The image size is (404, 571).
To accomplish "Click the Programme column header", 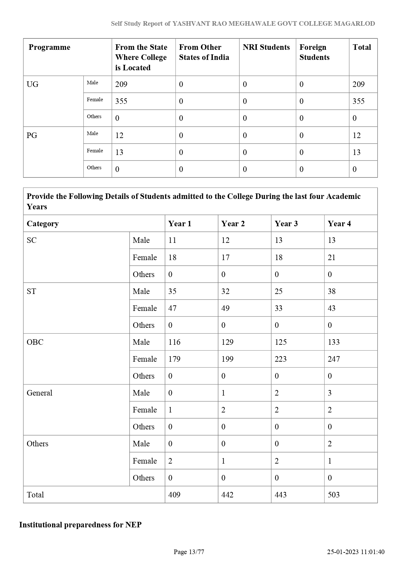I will (49, 48).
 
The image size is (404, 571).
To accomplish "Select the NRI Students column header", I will (266, 48).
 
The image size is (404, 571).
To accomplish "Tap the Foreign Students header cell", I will (314, 52).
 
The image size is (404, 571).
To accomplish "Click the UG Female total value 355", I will (358, 101).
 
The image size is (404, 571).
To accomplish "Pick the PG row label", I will (32, 135).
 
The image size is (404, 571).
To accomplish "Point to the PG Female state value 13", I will (119, 152).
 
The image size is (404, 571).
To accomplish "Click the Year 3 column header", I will (286, 224).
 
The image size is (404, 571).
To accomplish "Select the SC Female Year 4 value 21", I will (331, 258).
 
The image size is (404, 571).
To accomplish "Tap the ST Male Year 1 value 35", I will (172, 291).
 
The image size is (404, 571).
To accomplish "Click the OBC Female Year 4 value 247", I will (334, 359).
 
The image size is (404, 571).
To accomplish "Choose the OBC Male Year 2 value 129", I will (227, 342).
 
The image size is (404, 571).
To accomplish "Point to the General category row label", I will (39, 393).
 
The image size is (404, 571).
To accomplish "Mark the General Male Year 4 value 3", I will (330, 393).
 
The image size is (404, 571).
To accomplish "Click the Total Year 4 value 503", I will (334, 495).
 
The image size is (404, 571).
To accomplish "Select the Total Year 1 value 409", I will (174, 495).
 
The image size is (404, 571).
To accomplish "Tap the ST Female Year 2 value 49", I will (225, 308).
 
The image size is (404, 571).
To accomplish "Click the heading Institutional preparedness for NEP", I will (80, 525).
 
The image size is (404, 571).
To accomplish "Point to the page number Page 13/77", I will (189, 552).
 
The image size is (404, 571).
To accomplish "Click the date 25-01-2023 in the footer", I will (343, 552).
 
